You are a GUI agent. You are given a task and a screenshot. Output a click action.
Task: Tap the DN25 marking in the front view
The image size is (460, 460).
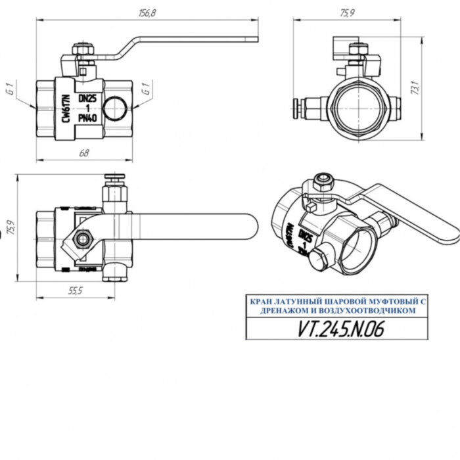[87, 98]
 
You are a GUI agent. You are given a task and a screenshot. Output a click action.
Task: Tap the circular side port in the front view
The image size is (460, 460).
[116, 107]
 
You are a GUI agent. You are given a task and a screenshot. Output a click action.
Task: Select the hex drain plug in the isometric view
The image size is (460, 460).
[317, 257]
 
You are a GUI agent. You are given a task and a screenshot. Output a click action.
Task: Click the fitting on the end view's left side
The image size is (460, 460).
[308, 104]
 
